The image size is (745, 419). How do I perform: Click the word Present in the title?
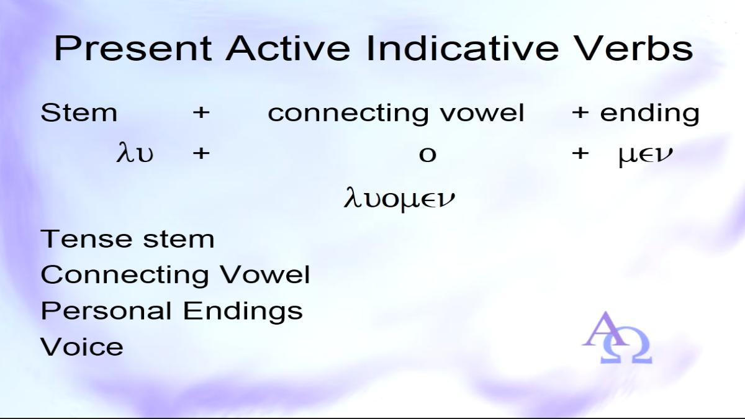coord(133,48)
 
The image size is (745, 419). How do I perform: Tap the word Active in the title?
coord(287,48)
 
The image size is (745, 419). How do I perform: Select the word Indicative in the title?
coord(463,48)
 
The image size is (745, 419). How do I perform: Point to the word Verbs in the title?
coord(633,48)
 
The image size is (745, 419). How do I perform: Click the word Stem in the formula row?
coord(79,113)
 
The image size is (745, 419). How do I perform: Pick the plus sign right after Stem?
coord(201,113)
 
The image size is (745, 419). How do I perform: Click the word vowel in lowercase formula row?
coord(482,113)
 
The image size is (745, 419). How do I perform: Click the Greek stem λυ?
coord(135,152)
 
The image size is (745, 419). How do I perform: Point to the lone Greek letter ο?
coord(427,155)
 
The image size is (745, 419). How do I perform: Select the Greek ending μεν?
coord(645,156)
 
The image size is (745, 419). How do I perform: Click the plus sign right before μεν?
coord(580,153)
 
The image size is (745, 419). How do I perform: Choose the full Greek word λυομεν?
coord(399,199)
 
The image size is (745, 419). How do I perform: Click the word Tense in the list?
coord(86,239)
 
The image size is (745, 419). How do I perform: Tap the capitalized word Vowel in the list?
coord(264,274)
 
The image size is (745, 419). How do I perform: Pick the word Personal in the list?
coord(106,310)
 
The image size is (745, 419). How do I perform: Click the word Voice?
coord(82,346)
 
